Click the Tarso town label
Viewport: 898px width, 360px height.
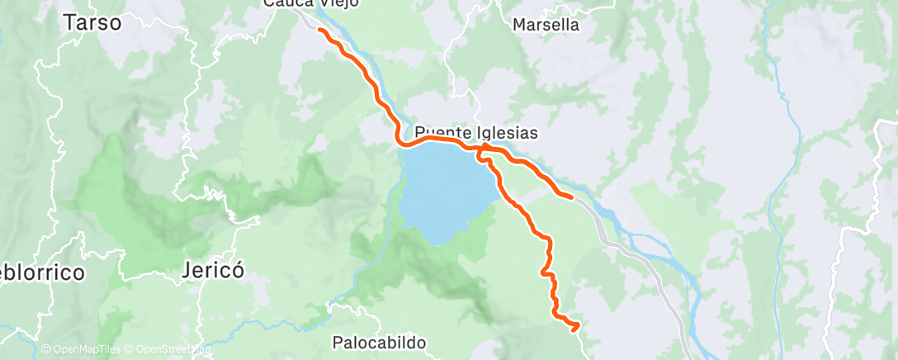pyautogui.click(x=92, y=22)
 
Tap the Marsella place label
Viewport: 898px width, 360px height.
pyautogui.click(x=546, y=25)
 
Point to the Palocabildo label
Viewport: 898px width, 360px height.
pyautogui.click(x=378, y=341)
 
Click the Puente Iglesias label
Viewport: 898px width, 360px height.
pyautogui.click(x=476, y=132)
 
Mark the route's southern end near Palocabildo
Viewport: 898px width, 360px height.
pyautogui.click(x=575, y=329)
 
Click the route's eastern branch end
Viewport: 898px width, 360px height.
pyautogui.click(x=571, y=197)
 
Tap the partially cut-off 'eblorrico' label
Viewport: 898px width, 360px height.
pyautogui.click(x=41, y=272)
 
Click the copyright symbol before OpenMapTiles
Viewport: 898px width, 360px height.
pyautogui.click(x=45, y=350)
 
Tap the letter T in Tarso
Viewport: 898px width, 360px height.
pyautogui.click(x=69, y=22)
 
